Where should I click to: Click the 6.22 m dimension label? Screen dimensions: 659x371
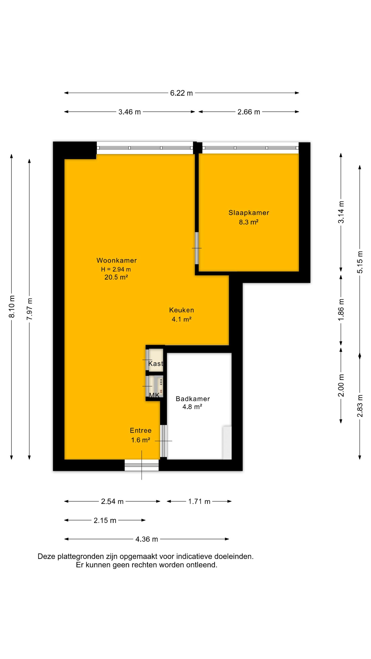[181, 93]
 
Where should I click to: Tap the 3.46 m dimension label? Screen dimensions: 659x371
[129, 112]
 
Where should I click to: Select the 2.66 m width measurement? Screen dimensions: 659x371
[248, 112]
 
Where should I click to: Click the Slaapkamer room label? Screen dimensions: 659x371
[249, 213]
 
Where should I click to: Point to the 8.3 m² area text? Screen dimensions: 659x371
[248, 222]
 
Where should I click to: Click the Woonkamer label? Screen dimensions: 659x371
[116, 260]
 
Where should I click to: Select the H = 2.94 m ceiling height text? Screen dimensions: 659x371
[116, 269]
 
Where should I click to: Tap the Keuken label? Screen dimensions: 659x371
[181, 310]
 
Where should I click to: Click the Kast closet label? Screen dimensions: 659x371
[156, 363]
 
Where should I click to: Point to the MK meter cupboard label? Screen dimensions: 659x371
[154, 395]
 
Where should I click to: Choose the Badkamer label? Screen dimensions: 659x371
[192, 399]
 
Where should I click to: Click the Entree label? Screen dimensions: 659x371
[140, 430]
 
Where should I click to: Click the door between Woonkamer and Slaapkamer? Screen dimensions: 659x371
[197, 248]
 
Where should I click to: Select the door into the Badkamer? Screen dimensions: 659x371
[163, 441]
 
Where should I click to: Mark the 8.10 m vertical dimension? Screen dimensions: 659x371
[12, 306]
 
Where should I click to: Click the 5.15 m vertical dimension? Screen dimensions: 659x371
[360, 262]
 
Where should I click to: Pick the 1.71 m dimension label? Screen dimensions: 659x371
[199, 501]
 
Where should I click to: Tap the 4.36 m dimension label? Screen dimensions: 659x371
[146, 539]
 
